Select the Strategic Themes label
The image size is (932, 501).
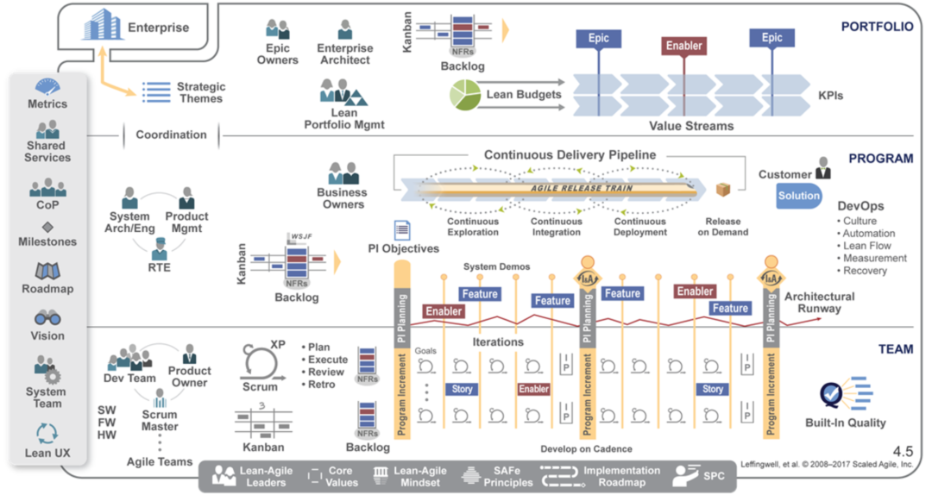(x=201, y=92)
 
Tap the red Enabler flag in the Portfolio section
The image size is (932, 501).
(x=683, y=46)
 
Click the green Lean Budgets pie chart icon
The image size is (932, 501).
(x=464, y=95)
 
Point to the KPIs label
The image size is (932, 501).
(x=830, y=96)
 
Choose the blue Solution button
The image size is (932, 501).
(x=799, y=196)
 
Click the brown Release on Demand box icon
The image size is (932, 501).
(x=722, y=190)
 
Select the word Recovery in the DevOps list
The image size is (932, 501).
(x=865, y=271)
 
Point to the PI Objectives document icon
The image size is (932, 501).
(x=401, y=230)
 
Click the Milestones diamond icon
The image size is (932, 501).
(x=47, y=227)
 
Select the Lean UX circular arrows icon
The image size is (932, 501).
(x=47, y=434)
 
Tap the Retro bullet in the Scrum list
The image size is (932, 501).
(x=321, y=385)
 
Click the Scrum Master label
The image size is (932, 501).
(x=160, y=420)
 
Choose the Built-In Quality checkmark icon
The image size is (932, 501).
(x=832, y=393)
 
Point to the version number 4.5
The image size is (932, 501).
(x=903, y=451)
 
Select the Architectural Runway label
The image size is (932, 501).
(x=819, y=302)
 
